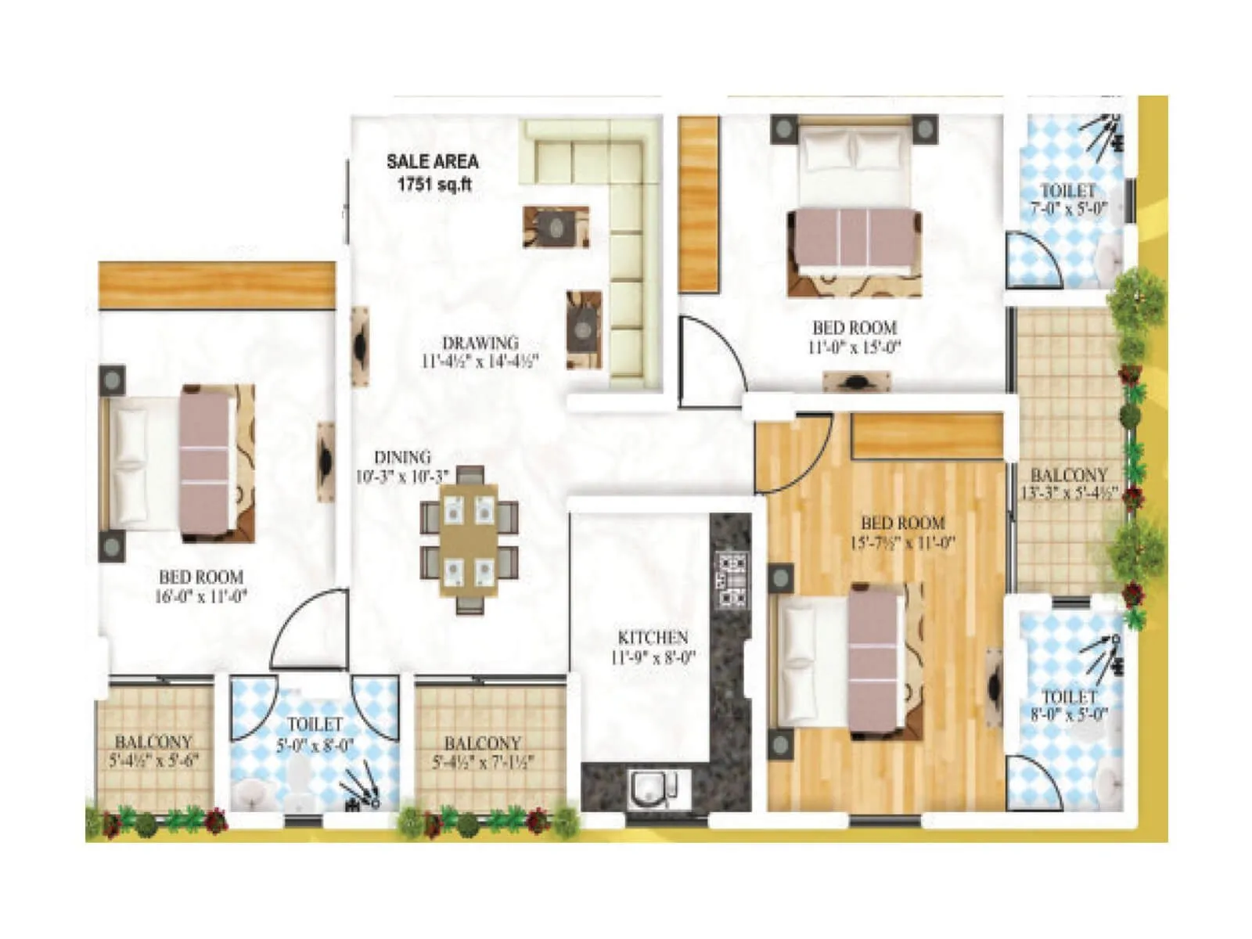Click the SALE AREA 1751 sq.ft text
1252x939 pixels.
click(x=432, y=173)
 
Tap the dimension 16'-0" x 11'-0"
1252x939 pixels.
click(x=201, y=596)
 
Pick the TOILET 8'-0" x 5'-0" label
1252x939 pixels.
click(x=1069, y=704)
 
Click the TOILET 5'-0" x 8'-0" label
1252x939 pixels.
click(x=315, y=735)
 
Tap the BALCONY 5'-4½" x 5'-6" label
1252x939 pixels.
click(x=153, y=750)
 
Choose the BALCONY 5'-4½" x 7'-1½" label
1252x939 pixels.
click(x=482, y=752)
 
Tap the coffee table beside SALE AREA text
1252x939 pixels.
click(x=556, y=228)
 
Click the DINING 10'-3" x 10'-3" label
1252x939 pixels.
click(x=401, y=466)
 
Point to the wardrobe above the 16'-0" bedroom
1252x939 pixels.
click(x=217, y=286)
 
